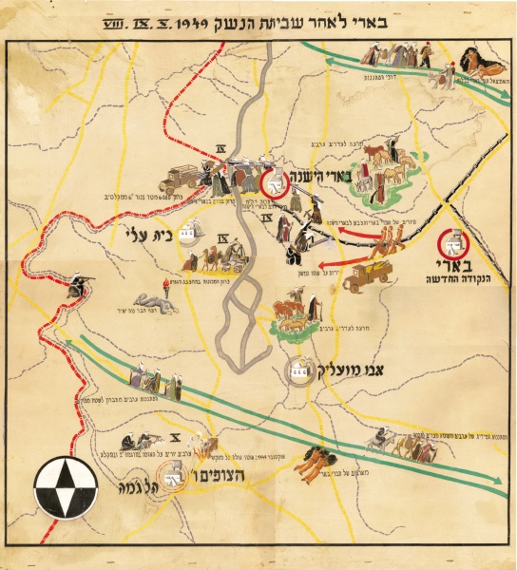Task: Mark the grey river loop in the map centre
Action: [235, 323]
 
